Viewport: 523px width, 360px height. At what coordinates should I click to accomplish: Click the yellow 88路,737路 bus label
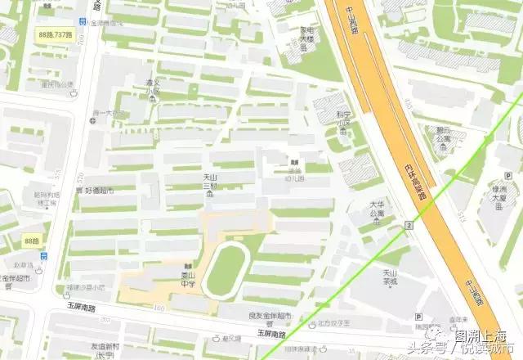(56, 34)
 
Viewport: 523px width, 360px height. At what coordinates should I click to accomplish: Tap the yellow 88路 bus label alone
(33, 241)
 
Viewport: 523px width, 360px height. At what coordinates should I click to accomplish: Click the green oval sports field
(226, 269)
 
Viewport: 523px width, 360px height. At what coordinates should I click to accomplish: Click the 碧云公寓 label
(444, 135)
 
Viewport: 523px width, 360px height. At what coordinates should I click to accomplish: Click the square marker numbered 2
(409, 224)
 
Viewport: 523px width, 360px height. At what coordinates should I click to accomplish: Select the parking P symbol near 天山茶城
(418, 316)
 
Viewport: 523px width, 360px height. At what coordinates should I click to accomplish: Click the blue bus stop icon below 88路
(42, 256)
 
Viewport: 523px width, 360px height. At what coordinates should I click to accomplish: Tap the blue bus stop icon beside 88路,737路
(83, 22)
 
